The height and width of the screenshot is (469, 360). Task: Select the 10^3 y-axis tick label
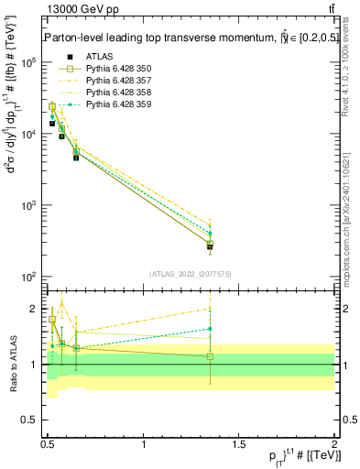[x=29, y=205]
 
